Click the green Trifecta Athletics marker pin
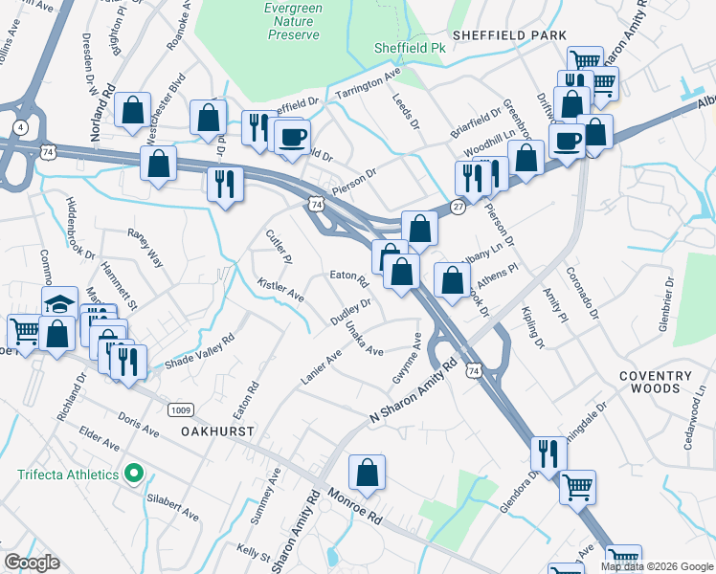coord(135,475)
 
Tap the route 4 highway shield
coord(20,126)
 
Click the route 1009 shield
coord(179,409)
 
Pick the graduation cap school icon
coord(59,305)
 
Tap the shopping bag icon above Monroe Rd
coord(367,472)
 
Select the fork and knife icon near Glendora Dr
coord(548,452)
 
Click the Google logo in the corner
coord(32,563)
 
